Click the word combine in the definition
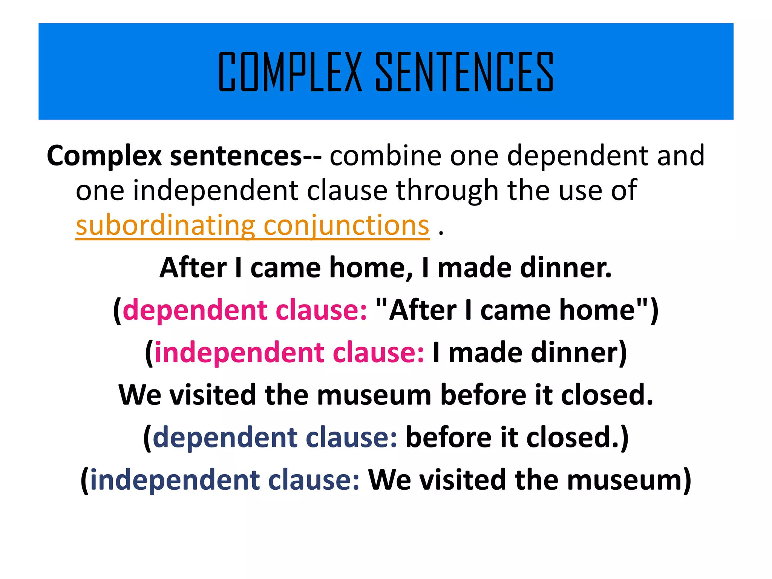tap(386, 156)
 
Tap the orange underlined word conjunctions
tap(346, 226)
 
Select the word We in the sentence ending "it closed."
tap(140, 395)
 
